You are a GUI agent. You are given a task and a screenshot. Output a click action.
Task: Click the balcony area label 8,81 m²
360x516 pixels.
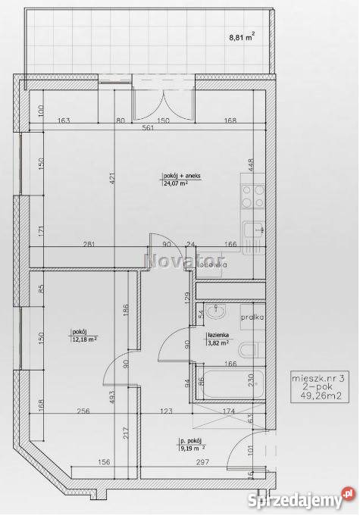242,35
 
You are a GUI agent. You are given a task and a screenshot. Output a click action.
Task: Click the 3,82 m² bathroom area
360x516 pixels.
218,342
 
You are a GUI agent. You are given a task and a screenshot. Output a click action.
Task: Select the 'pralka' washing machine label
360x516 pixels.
252,317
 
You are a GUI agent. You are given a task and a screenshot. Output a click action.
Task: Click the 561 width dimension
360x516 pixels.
148,127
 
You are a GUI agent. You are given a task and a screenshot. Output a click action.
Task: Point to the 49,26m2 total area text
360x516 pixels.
311,393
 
